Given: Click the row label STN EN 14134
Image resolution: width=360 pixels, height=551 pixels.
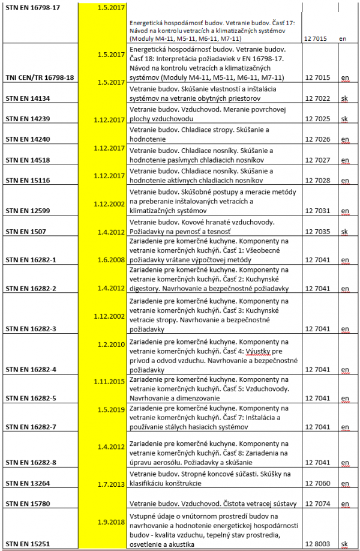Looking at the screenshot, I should pos(28,97).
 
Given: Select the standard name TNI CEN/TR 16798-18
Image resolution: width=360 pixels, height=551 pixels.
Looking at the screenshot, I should pos(40,77).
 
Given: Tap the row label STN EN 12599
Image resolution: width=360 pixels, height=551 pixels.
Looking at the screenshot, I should pos(28,211).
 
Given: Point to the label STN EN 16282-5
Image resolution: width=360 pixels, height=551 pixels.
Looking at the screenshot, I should pos(31,398).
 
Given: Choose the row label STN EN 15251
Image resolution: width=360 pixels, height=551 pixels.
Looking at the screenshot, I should pos(28,544).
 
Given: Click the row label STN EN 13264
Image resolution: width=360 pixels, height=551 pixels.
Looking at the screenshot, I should pos(28,483).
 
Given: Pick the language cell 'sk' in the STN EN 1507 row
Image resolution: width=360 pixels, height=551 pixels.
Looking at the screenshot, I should pos(344,232).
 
